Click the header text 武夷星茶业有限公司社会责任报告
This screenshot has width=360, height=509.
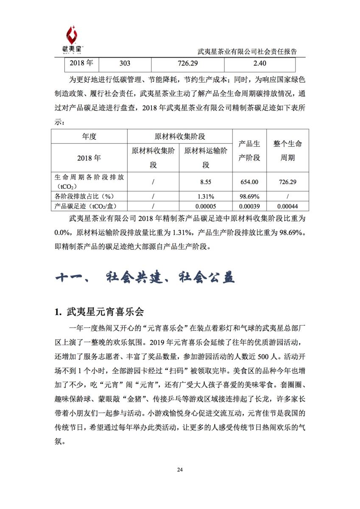(x=247, y=52)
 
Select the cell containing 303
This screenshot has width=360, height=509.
(x=125, y=64)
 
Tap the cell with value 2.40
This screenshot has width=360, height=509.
(x=259, y=64)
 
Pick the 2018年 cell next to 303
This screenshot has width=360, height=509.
(x=81, y=64)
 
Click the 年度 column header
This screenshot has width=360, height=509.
(x=89, y=137)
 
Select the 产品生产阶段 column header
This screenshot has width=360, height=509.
(x=249, y=151)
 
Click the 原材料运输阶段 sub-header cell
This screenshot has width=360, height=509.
(x=206, y=158)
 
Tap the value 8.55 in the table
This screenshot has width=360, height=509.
(x=206, y=182)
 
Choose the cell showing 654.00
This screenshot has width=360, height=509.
(x=249, y=182)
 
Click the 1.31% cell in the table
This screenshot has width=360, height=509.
(x=206, y=197)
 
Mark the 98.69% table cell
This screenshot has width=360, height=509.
(x=249, y=197)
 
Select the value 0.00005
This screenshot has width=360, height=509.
(x=206, y=207)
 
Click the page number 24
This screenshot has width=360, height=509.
(x=180, y=470)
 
